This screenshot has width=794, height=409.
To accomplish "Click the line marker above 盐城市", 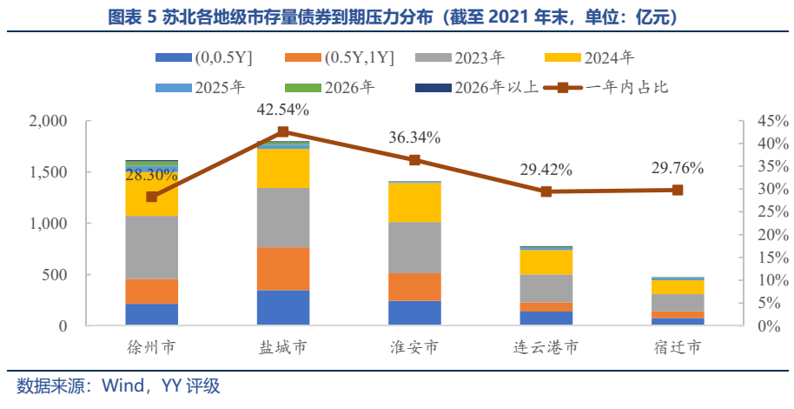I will pyautogui.click(x=283, y=132).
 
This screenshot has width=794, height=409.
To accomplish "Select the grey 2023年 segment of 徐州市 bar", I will pyautogui.click(x=152, y=247).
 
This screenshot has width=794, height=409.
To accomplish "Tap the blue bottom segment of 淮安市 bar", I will pyautogui.click(x=414, y=313).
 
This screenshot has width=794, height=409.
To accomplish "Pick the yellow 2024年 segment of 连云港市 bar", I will pyautogui.click(x=546, y=262).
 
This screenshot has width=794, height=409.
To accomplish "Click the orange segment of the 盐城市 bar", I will pyautogui.click(x=283, y=269).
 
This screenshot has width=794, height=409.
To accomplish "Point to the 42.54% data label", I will pyautogui.click(x=283, y=110).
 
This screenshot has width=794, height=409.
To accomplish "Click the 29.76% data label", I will pyautogui.click(x=678, y=168).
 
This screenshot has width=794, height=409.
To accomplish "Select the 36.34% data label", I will pyautogui.click(x=414, y=137).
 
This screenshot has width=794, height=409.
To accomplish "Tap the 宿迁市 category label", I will pyautogui.click(x=678, y=348).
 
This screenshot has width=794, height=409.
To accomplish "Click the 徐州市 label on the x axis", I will pyautogui.click(x=152, y=348).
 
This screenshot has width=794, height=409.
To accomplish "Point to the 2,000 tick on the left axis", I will pyautogui.click(x=49, y=121).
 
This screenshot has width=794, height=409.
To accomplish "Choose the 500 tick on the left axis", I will pyautogui.click(x=56, y=275).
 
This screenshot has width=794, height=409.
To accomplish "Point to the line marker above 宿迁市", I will pyautogui.click(x=678, y=190).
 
